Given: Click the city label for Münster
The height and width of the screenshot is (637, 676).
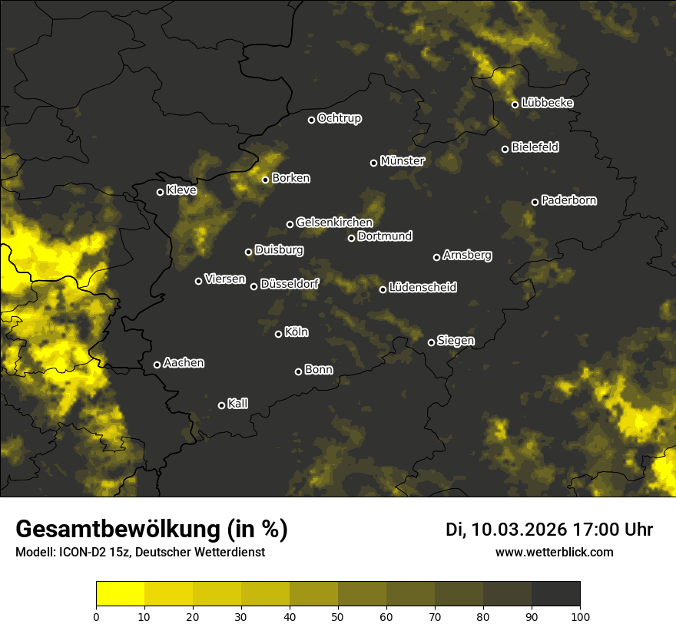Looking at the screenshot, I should [402, 161].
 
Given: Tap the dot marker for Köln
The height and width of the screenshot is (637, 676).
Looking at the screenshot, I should [278, 334].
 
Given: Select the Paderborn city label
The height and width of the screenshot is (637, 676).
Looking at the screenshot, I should [568, 200].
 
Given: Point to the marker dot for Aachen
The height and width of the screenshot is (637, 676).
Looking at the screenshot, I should [157, 365].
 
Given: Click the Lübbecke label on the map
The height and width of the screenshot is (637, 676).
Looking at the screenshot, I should [547, 103].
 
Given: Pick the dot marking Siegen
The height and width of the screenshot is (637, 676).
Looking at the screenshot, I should [431, 342].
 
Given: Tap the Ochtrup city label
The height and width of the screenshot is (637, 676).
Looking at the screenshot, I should [339, 118].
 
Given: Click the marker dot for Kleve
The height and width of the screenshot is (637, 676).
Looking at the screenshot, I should [160, 192].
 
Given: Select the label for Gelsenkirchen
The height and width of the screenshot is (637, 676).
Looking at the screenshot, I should [334, 223].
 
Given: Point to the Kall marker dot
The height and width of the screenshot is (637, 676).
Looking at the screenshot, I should [221, 405].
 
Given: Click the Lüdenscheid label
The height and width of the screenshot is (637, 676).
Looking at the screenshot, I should [422, 288].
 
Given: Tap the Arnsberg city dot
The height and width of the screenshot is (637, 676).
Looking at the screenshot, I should [436, 257].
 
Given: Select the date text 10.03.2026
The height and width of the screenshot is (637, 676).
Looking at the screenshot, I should [519, 530].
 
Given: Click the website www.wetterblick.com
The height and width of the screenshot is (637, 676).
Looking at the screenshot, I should [554, 552].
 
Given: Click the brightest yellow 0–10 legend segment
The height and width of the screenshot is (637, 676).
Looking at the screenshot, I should [120, 593].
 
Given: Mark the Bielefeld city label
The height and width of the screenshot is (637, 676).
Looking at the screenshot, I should [535, 147].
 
